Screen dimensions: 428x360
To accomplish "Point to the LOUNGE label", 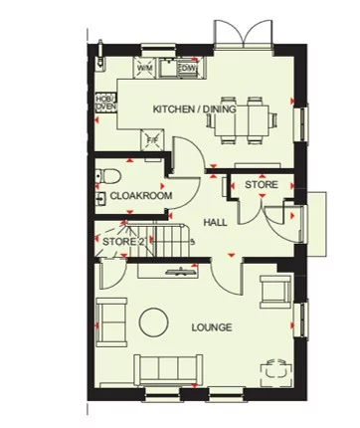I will (x=213, y=326).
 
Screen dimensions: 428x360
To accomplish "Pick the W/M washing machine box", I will (x=143, y=68).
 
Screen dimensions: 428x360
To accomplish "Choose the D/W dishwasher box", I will (x=185, y=68).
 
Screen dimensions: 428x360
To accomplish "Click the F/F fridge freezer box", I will (x=152, y=139).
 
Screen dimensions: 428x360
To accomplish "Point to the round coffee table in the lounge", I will (x=153, y=321).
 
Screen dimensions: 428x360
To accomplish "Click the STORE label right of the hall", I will (x=261, y=185).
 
